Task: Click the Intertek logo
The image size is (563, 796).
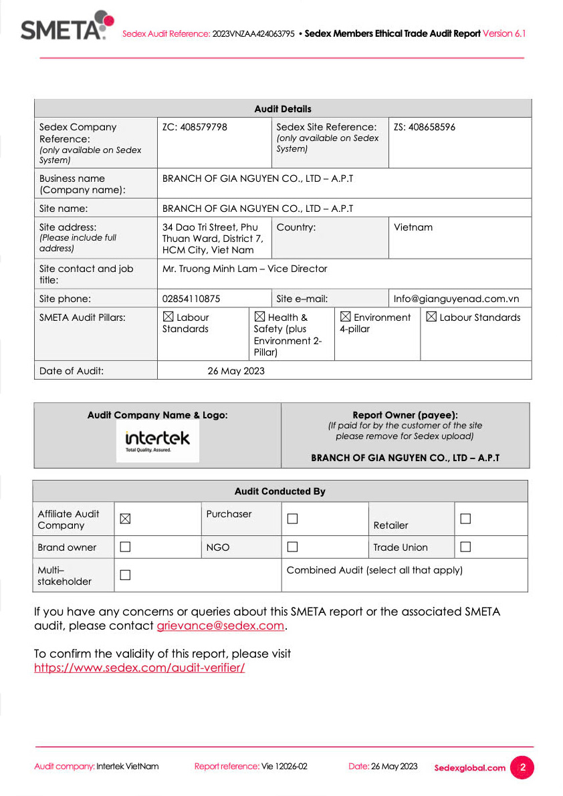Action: [x=158, y=440]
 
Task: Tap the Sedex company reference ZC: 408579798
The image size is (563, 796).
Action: [x=195, y=127]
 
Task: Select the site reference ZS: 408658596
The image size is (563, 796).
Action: [x=425, y=127]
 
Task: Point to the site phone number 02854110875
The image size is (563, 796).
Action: [x=191, y=299]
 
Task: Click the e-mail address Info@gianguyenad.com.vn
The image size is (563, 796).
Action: [x=457, y=299]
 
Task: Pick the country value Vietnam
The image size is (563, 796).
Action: [x=413, y=227]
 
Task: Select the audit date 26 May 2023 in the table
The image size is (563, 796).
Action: [x=236, y=371]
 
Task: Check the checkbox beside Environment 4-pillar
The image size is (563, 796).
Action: [x=345, y=317]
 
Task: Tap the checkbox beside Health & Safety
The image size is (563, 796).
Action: [x=259, y=317]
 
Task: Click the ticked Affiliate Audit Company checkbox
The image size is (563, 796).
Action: [x=125, y=519]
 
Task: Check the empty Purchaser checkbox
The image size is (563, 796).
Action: [x=292, y=519]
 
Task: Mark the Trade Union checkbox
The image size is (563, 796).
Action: [x=465, y=547]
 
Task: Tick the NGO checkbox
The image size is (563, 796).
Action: [x=292, y=547]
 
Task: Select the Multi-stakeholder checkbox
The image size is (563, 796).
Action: [x=125, y=575]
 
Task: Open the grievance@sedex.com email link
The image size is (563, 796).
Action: [x=221, y=626]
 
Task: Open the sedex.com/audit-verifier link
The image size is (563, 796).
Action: [x=139, y=667]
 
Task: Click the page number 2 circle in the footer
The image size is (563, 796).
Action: [x=522, y=767]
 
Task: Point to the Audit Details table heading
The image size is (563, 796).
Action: [x=283, y=109]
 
